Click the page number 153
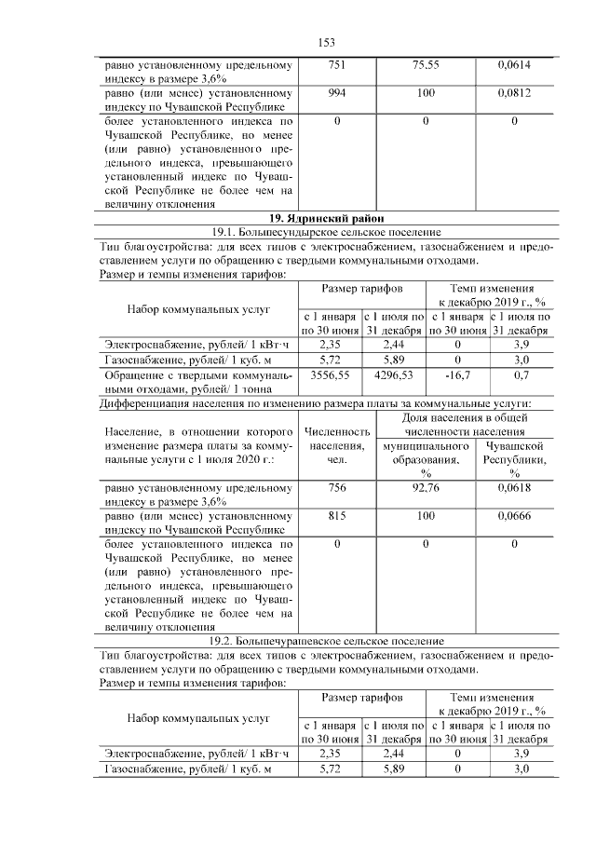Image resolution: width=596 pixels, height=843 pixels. click(x=326, y=43)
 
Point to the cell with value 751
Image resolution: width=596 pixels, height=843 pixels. click(x=336, y=66)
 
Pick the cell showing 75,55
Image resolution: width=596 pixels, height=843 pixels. click(x=426, y=66)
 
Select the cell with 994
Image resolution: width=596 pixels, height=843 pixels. click(x=336, y=94)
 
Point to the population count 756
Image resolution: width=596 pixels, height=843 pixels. click(x=336, y=487)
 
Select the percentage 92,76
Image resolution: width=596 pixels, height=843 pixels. click(x=426, y=487)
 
